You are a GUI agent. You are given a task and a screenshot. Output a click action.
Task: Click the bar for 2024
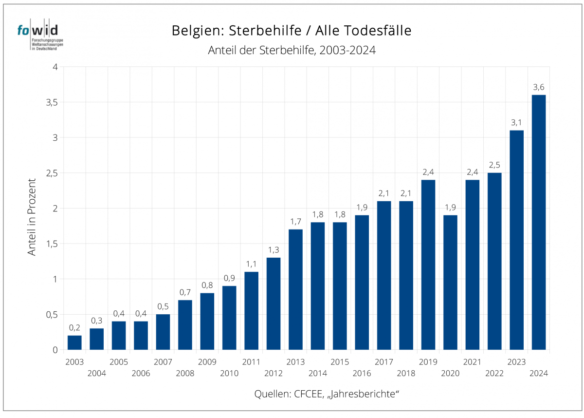pos(539,222)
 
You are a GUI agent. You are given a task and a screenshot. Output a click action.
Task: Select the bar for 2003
pos(74,342)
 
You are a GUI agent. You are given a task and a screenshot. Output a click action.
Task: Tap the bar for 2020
pos(450,283)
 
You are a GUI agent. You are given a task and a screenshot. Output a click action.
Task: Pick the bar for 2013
pos(295,289)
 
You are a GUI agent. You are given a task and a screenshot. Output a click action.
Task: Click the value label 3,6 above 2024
pos(539,87)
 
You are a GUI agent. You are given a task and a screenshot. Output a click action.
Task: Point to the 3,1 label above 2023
pos(516,123)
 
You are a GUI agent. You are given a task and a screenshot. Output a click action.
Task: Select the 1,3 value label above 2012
pos(274,250)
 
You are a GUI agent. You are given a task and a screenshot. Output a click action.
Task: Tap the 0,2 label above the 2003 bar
pos(74,328)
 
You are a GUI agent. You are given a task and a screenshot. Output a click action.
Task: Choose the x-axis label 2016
pos(362,373)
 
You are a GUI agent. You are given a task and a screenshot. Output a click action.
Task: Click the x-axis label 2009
pos(207,362)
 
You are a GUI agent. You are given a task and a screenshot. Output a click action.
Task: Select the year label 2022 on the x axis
pos(494,373)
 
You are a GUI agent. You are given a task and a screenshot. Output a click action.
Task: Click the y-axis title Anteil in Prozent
pos(32,217)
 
